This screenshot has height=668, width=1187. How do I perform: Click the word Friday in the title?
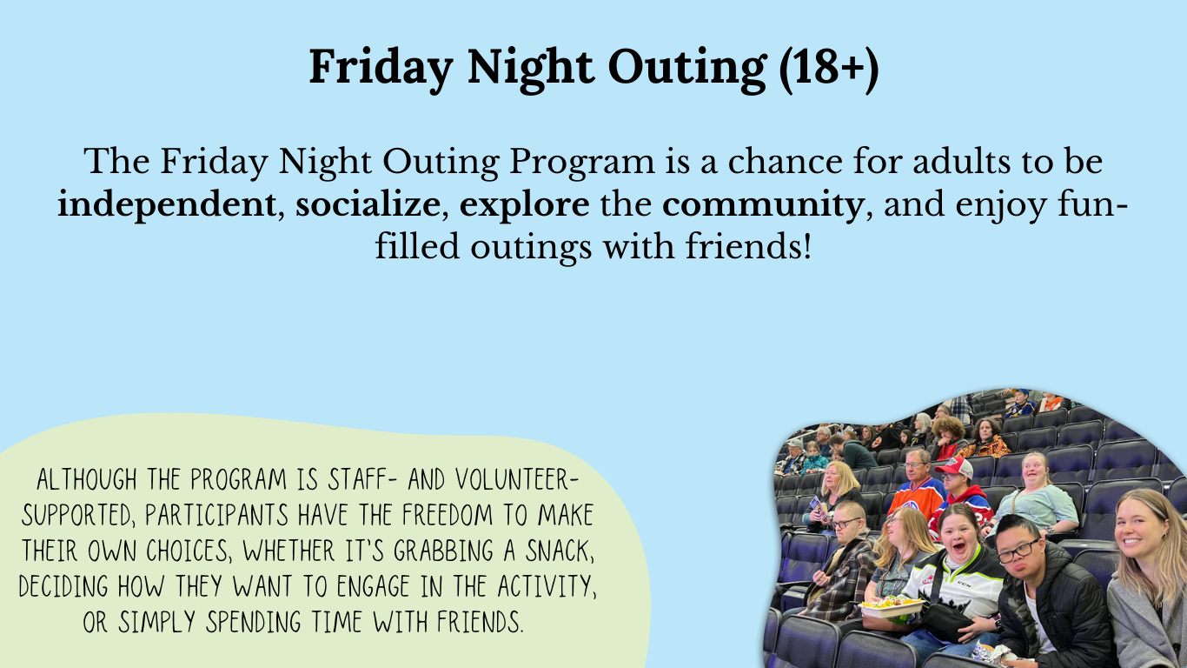[381, 67]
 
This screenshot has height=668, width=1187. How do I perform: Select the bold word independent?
[166, 205]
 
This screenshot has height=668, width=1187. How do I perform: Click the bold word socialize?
[368, 204]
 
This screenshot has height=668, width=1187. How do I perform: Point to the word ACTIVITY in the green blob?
[547, 587]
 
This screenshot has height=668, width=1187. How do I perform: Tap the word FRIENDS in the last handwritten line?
[480, 623]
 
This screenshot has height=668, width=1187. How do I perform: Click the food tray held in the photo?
[891, 605]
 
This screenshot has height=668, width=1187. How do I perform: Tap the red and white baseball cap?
[955, 466]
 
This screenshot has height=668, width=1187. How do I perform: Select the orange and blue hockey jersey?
[916, 498]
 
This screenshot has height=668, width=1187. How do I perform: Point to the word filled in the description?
[417, 247]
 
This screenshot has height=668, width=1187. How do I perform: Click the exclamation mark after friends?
[807, 245]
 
